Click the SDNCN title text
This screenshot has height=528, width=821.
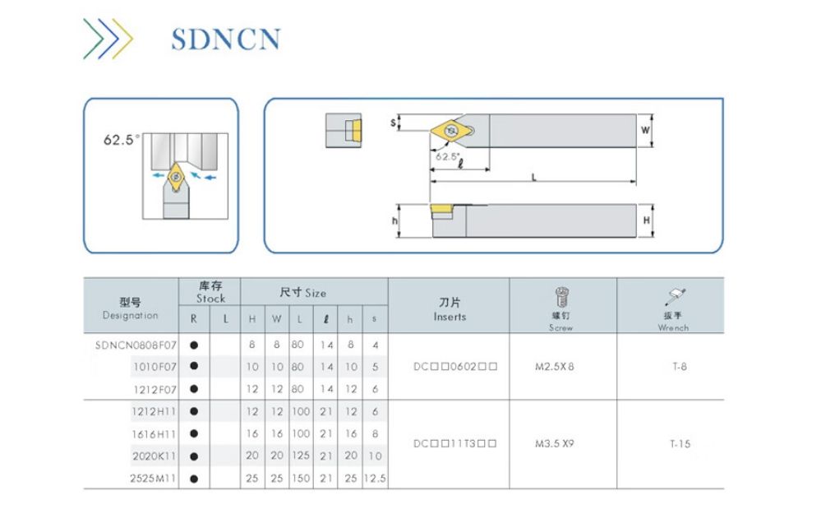[226, 39]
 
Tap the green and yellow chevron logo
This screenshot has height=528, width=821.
[108, 38]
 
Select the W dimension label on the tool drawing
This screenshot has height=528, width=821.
[645, 131]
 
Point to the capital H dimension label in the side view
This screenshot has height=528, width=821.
[646, 220]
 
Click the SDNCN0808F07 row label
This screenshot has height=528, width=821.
[131, 345]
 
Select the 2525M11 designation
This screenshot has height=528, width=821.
[154, 478]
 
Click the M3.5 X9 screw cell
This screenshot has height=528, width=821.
[558, 444]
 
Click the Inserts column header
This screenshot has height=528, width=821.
[450, 310]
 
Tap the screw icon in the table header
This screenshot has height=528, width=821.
[562, 297]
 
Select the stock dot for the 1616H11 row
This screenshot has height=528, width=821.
[194, 433]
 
